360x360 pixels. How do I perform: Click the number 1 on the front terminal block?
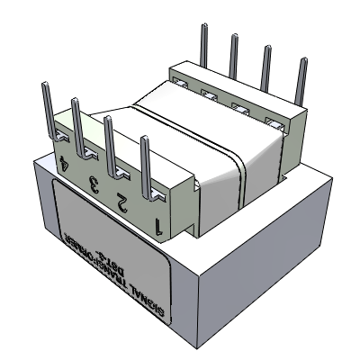(x=159, y=225)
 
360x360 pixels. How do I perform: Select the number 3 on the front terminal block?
(x=92, y=184)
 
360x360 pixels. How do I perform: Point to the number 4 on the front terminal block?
(x=63, y=165)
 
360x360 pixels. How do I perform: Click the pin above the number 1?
(x=145, y=162)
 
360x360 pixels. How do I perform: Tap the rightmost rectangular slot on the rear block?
(x=272, y=122)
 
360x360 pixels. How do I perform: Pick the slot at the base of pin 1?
(x=158, y=193)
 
